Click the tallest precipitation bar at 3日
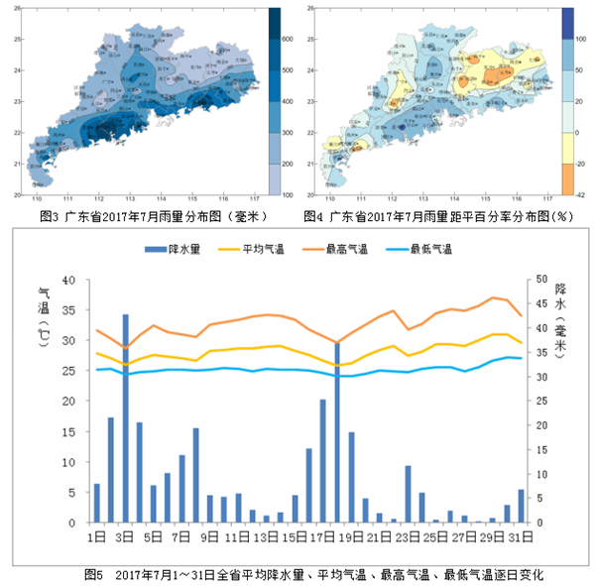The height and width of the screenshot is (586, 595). tap(125, 417)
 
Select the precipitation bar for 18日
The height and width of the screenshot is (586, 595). tap(337, 431)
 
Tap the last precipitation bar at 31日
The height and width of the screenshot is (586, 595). tap(521, 506)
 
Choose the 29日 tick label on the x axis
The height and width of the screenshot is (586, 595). tap(493, 536)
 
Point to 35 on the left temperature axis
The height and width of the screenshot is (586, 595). tap(68, 310)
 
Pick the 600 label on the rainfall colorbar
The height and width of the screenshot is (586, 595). tap(287, 39)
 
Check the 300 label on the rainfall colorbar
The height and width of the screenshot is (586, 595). tap(287, 132)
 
